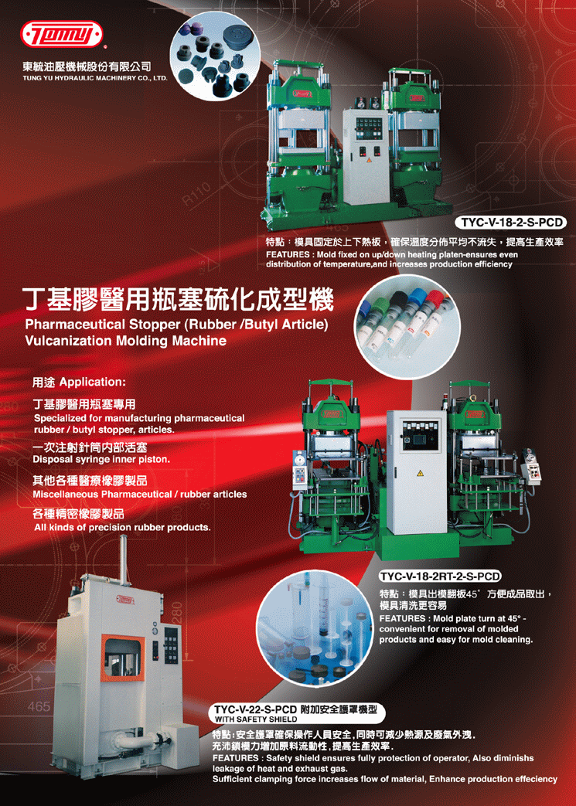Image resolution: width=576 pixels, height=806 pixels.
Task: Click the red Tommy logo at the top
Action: (x=61, y=35)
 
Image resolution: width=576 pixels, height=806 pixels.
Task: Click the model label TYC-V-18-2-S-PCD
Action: (x=510, y=223)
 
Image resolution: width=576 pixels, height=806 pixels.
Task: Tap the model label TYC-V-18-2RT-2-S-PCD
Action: (x=440, y=575)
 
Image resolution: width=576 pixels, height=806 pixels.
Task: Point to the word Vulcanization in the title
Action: (x=71, y=340)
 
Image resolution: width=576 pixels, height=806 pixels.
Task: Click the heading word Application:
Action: (x=85, y=383)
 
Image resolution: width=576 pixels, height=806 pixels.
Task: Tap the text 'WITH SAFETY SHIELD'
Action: (x=256, y=719)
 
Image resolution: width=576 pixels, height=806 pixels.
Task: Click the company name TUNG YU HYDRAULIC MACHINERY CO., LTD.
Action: (x=95, y=79)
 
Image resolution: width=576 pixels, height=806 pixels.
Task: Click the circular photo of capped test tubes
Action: (x=407, y=326)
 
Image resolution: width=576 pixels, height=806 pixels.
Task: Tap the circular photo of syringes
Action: (x=315, y=631)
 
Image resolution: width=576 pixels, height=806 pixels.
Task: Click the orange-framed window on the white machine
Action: (x=123, y=658)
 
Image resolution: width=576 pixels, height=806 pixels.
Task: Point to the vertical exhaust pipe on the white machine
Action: (x=124, y=559)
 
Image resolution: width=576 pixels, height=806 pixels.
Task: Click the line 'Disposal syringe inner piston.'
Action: (x=101, y=459)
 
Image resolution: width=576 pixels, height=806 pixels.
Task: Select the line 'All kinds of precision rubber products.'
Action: (x=122, y=528)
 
